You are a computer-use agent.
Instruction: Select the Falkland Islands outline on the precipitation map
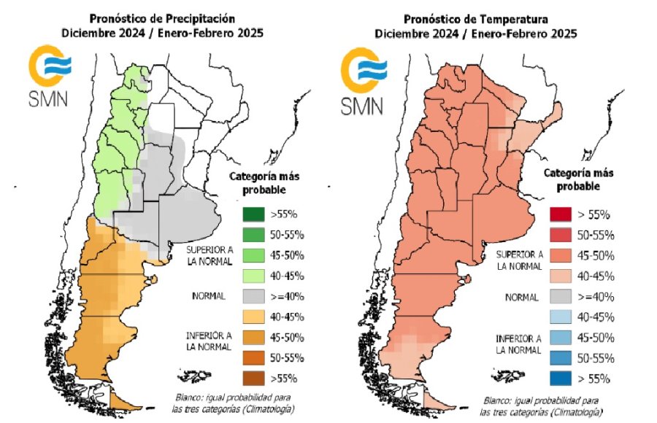pos(198,376)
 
